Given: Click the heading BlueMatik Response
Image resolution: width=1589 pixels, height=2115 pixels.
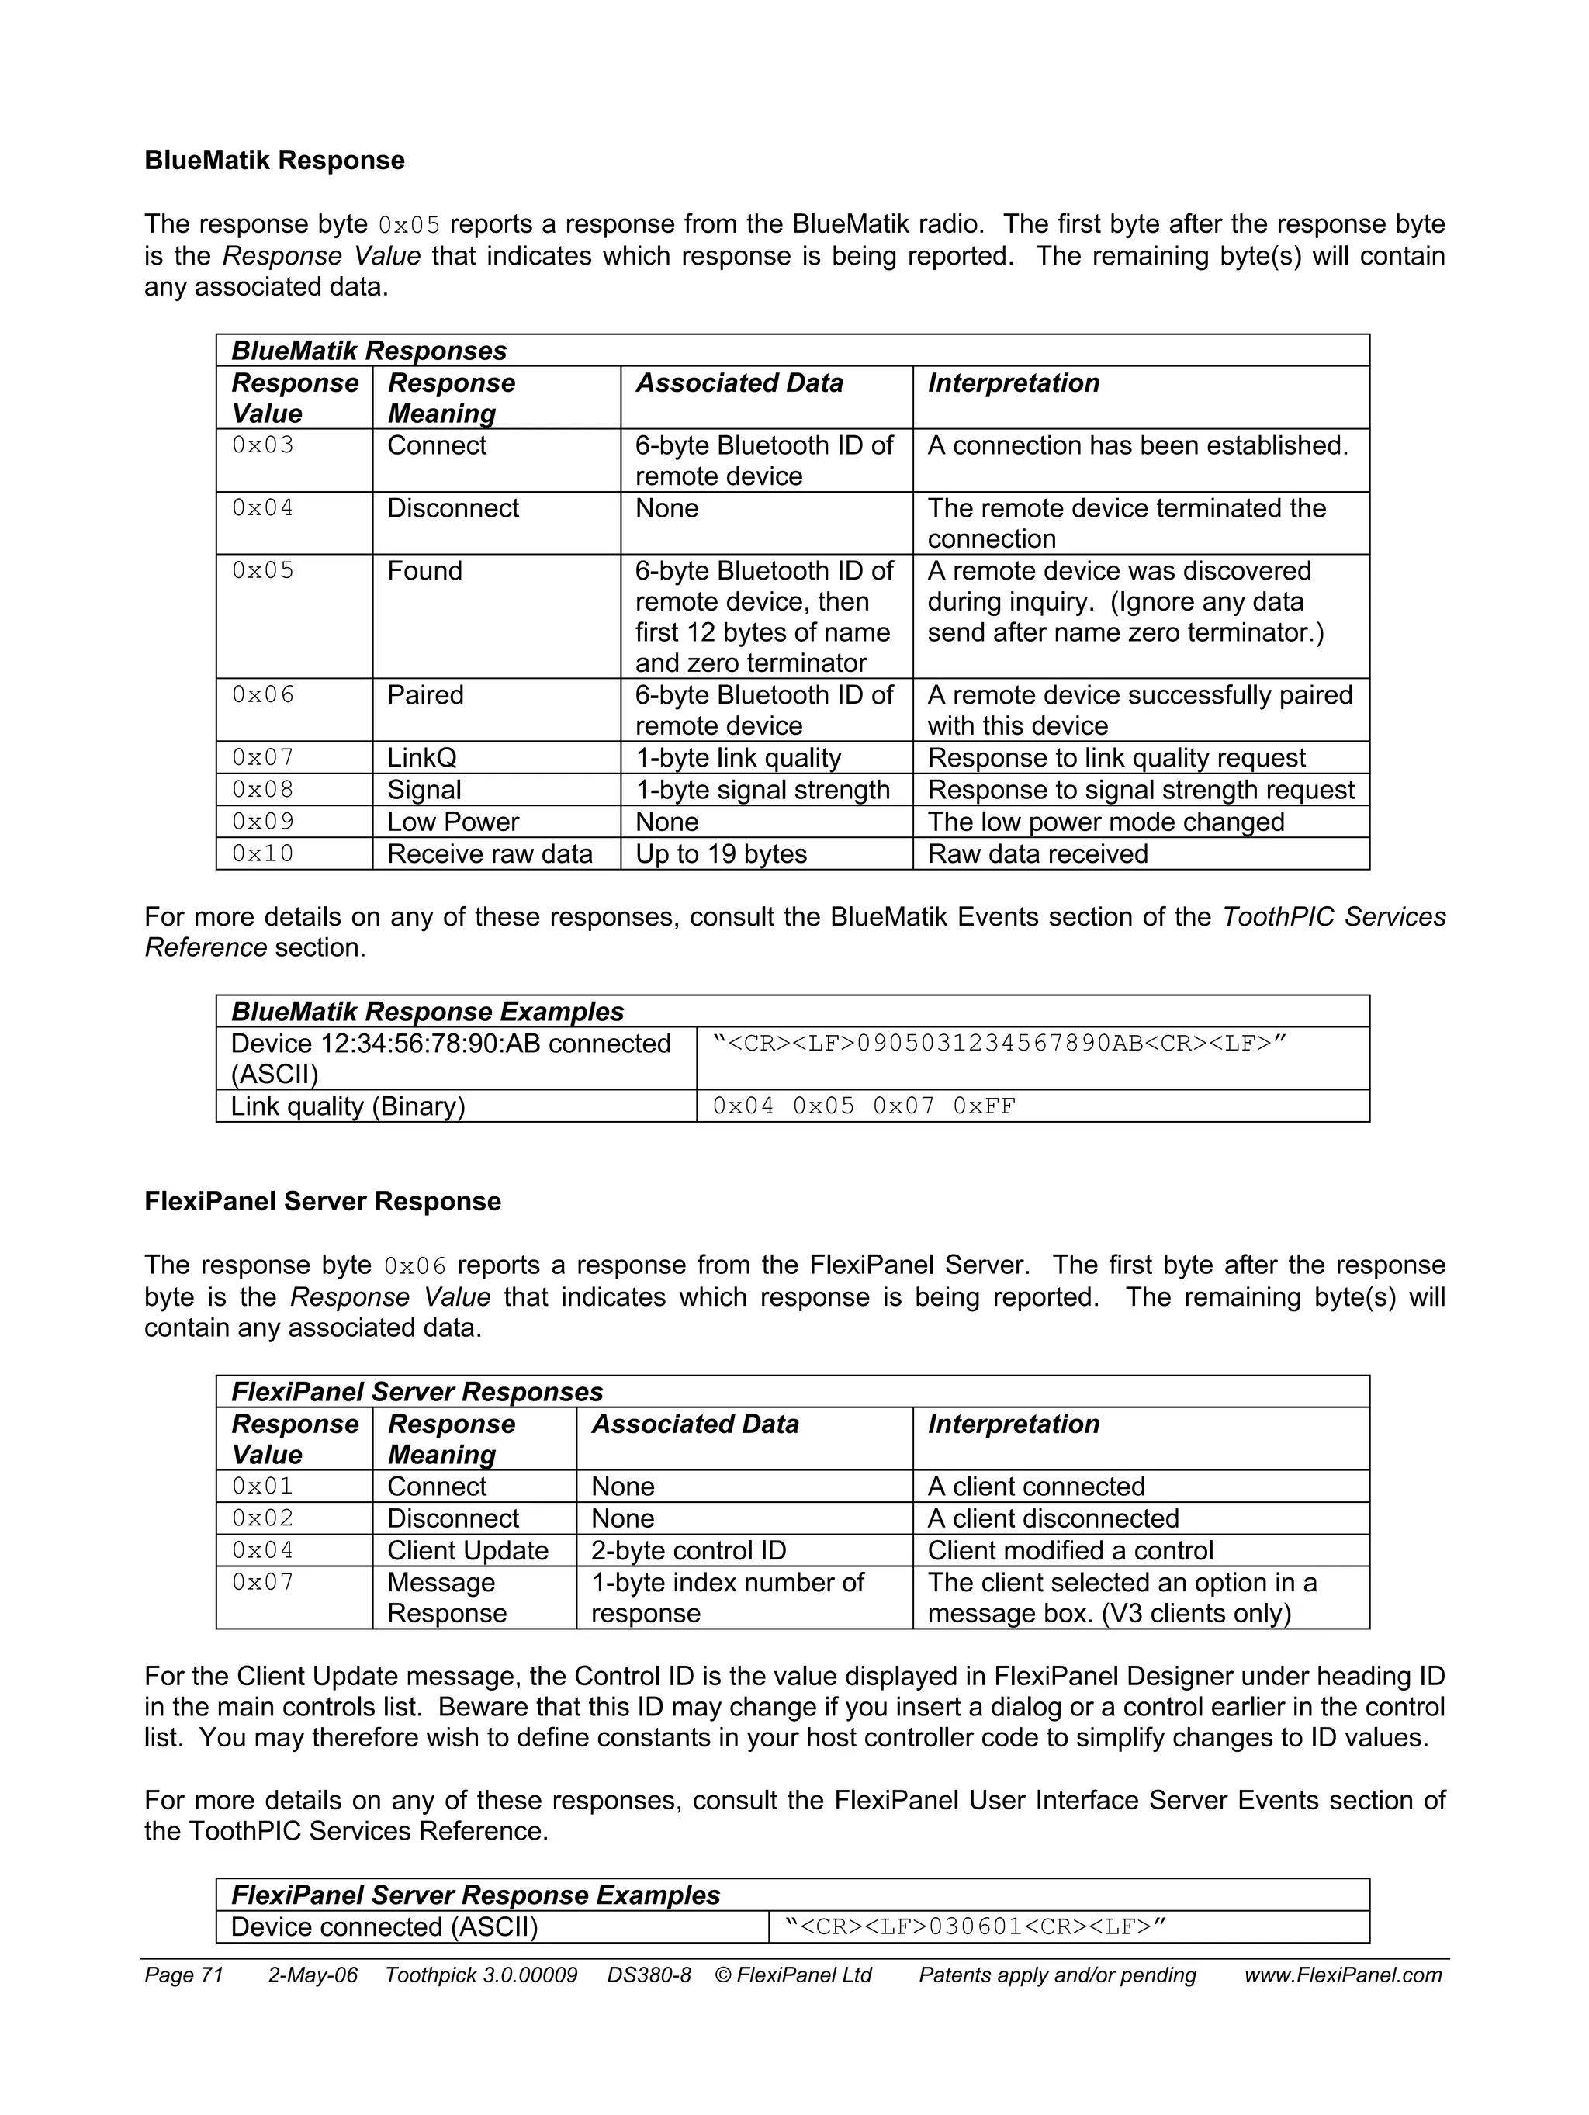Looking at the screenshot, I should click(275, 161).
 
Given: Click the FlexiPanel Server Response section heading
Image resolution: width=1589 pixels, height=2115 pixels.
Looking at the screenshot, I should click(322, 1201).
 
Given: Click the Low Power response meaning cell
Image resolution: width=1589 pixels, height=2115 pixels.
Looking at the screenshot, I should click(453, 822).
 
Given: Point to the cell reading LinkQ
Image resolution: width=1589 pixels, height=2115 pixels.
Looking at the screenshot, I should click(421, 757).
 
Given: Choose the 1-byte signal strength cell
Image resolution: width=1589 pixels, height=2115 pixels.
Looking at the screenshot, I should click(762, 790).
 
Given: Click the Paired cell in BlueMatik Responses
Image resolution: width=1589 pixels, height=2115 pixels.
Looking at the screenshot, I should click(425, 695).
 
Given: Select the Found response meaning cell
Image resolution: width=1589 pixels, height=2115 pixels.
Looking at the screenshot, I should click(424, 571).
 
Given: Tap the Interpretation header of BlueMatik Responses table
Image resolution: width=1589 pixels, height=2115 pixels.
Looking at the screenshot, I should click(1013, 383).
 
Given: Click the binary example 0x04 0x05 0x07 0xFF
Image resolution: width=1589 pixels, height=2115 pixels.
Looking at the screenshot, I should click(864, 1106).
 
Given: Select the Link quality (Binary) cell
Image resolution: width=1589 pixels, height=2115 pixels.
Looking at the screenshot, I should click(348, 1106).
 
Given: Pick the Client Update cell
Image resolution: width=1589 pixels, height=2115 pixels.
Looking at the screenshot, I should click(468, 1550).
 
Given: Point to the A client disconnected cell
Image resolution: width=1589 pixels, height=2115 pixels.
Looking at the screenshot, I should click(1053, 1518).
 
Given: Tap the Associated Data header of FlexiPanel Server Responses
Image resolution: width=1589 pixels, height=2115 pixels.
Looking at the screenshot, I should click(695, 1424).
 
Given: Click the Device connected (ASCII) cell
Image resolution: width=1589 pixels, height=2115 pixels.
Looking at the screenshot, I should click(384, 1926).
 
